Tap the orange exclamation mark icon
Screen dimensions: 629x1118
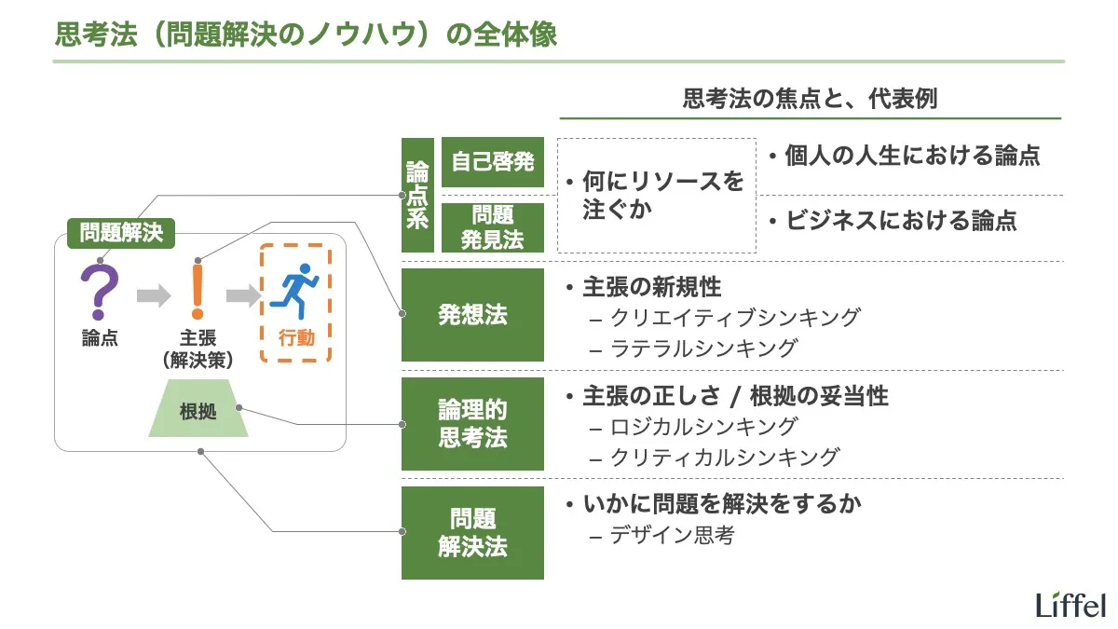[x=197, y=291]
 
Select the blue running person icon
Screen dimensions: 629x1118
[x=295, y=292]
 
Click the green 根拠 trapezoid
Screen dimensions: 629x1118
[x=198, y=409]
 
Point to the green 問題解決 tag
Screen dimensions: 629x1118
[x=121, y=232]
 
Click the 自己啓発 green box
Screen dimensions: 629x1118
[x=492, y=161]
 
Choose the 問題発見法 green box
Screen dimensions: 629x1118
[x=492, y=227]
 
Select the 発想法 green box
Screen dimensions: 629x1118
[x=472, y=315]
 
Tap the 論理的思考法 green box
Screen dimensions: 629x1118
[x=472, y=424]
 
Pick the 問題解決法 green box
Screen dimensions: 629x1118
[x=472, y=533]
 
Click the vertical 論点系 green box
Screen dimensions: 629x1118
[x=417, y=195]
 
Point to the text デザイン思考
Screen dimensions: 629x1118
[x=672, y=535]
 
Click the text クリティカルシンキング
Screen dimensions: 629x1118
[x=725, y=457]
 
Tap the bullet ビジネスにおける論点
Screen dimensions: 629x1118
[x=899, y=221]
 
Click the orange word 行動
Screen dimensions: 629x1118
[x=296, y=338]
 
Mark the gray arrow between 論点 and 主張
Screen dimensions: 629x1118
[x=153, y=295]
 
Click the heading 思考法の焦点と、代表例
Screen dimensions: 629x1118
[x=810, y=99]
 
